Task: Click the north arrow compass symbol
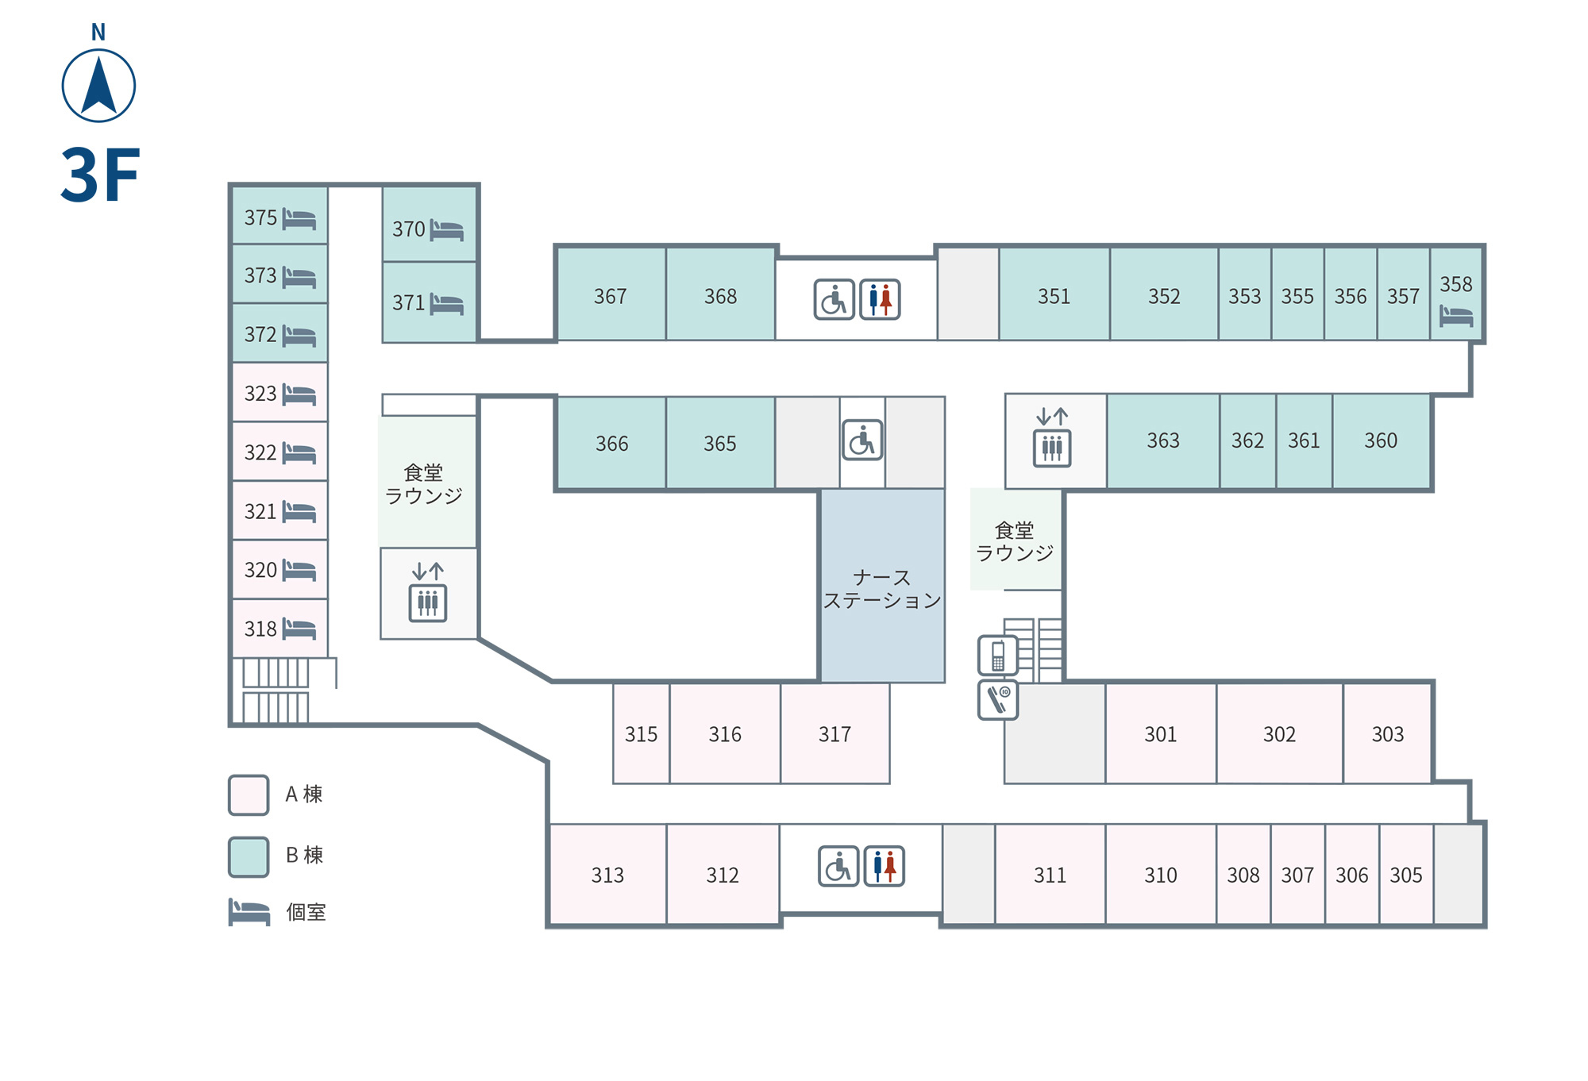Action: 98,85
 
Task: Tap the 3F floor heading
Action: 100,175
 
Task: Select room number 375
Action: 260,217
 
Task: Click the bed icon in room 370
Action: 447,230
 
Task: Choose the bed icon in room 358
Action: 1456,316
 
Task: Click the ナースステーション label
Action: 882,589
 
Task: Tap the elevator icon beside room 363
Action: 1052,448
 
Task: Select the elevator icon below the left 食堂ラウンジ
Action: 428,602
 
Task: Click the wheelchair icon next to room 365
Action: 862,440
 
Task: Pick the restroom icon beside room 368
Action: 880,299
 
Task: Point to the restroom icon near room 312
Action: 885,866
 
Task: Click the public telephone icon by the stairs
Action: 998,656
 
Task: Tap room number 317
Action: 834,734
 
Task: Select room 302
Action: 1279,733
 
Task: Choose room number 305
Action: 1406,875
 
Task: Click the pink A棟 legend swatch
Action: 249,795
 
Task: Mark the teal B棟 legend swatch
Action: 249,857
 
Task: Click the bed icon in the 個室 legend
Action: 249,912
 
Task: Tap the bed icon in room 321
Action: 299,512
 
